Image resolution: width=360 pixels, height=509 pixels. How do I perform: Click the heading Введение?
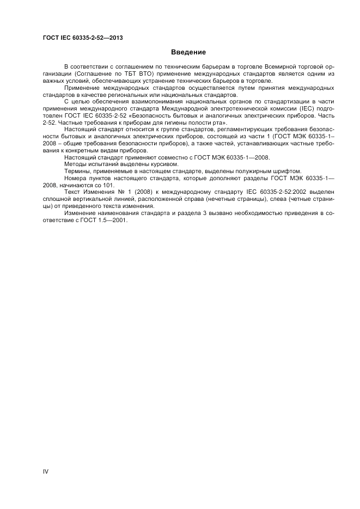188,53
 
